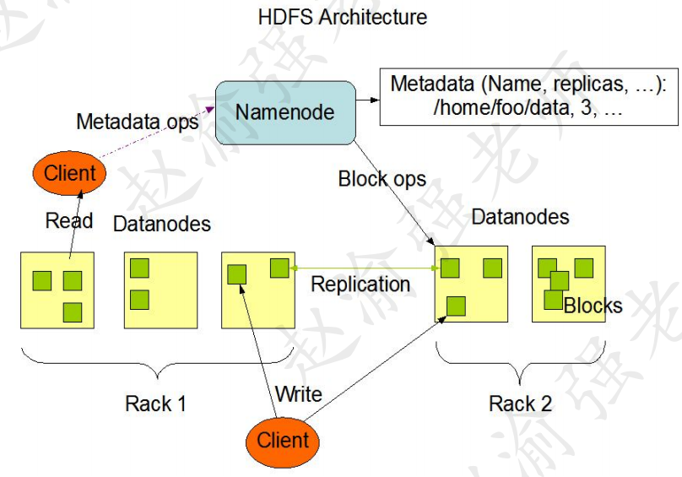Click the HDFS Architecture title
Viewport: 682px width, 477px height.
tap(342, 17)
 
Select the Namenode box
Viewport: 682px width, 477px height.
tap(284, 112)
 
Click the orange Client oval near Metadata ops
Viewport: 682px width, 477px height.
tap(70, 174)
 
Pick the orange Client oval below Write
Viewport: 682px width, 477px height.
tap(283, 440)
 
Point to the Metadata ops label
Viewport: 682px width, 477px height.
tap(137, 122)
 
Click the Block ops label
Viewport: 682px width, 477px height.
tap(382, 179)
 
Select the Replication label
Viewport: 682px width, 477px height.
tap(360, 285)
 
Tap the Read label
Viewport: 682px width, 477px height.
tap(69, 220)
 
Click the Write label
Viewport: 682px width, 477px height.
tap(298, 394)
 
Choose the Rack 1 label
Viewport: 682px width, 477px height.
tap(155, 404)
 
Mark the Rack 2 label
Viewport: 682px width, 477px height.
tap(520, 404)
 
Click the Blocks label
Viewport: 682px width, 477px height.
tap(593, 306)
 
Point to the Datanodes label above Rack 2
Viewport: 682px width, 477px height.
tap(520, 217)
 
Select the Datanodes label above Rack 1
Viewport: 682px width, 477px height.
tap(161, 225)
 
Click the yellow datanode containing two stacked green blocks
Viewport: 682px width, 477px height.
tap(160, 290)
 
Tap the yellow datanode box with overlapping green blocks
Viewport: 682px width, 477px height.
tap(568, 284)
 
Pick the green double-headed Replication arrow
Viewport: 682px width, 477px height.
tap(363, 268)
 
